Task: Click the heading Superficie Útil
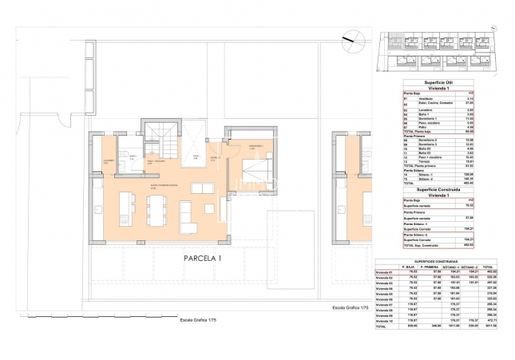pos(423,82)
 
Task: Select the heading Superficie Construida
pos(423,189)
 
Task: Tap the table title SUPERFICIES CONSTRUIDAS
pos(423,260)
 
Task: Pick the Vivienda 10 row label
pos(386,321)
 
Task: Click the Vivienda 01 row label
pos(386,272)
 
